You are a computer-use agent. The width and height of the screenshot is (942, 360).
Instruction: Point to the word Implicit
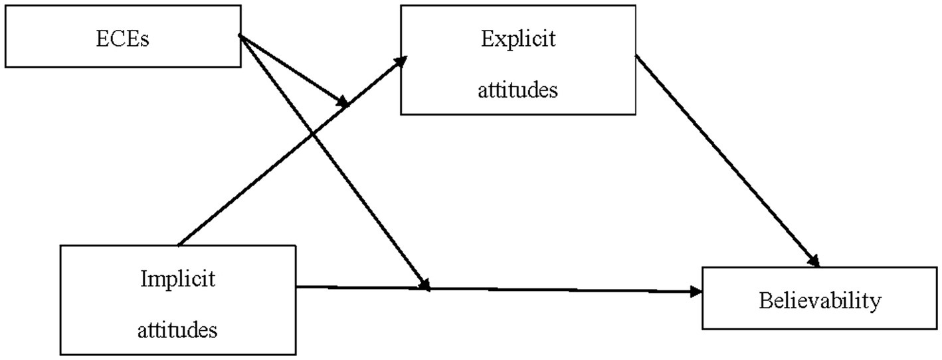(177, 279)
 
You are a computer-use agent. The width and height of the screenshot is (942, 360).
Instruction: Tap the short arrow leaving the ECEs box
(292, 70)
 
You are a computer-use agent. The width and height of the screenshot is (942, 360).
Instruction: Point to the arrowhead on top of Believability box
(815, 261)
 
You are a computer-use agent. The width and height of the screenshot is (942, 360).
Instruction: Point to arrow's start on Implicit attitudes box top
(179, 244)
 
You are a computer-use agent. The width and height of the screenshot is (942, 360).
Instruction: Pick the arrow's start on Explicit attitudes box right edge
(636, 56)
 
